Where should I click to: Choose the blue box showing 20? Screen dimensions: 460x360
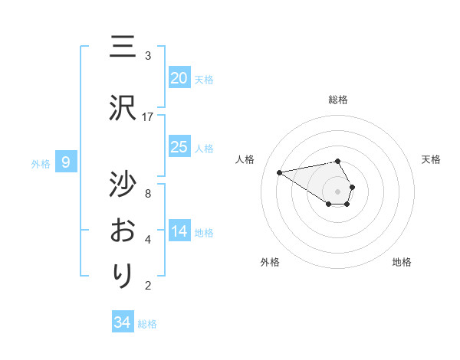(179, 78)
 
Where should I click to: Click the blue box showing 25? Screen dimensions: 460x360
(179, 147)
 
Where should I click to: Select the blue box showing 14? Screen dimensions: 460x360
(179, 232)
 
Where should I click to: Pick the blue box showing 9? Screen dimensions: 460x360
(67, 162)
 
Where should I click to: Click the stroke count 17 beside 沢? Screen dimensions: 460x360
(148, 117)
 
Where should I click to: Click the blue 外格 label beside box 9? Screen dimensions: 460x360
(41, 163)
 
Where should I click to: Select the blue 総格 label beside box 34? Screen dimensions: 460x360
(148, 324)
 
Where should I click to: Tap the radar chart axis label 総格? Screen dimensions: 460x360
(338, 100)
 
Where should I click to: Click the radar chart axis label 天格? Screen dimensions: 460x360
(432, 159)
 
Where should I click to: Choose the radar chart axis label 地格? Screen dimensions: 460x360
(402, 262)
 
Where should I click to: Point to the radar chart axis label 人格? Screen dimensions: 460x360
(245, 159)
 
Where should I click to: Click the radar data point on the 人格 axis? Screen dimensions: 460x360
(279, 172)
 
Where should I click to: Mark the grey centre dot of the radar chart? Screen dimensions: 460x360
(338, 191)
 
